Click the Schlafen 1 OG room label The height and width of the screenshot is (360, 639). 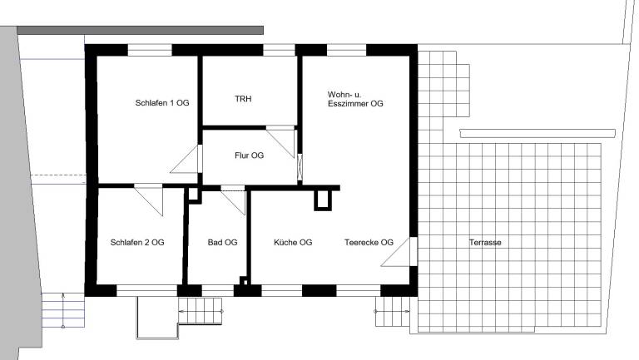162,102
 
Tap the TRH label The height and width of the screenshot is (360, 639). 243,99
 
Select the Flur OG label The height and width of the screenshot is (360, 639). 249,155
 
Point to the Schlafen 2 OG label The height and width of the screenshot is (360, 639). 137,242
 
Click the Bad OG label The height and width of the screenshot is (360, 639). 222,242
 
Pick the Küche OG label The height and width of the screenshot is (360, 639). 293,242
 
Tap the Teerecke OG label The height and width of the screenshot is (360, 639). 369,242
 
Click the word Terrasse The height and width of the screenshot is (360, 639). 485,242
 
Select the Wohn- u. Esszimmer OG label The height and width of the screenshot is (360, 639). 355,99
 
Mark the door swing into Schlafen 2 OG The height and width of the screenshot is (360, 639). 149,200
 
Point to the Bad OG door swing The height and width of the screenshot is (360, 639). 233,200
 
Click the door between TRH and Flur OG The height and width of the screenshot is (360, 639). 280,141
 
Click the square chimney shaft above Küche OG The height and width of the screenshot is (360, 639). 323,200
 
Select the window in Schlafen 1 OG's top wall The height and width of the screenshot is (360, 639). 150,50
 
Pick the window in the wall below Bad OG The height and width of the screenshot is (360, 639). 218,291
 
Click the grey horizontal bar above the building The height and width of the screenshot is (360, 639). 140,31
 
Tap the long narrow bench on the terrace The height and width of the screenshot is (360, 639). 537,134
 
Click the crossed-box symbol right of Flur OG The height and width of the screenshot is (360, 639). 300,167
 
